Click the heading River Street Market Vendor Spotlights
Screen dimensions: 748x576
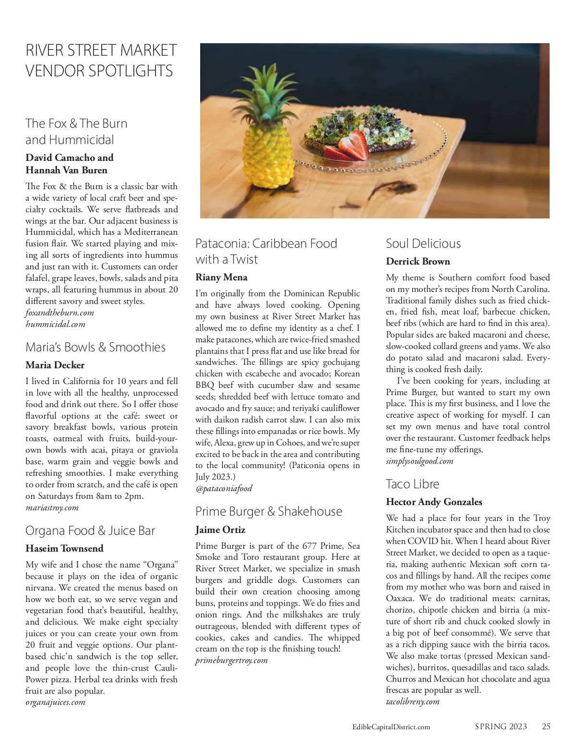[x=101, y=60]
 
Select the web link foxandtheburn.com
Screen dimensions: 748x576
[x=60, y=313]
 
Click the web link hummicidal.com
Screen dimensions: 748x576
[x=55, y=325]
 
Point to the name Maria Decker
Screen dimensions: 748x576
[x=55, y=365]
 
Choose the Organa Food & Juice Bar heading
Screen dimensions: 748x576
[x=90, y=531]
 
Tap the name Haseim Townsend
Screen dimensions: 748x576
[x=64, y=548]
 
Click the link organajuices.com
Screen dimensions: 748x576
[x=55, y=702]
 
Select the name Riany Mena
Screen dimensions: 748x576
[x=221, y=277]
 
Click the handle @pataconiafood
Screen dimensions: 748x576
[x=224, y=489]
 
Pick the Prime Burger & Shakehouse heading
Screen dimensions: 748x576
[x=268, y=511]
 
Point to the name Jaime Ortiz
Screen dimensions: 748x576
[x=220, y=530]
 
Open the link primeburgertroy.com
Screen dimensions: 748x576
[x=231, y=661]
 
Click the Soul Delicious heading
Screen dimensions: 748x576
[x=423, y=243]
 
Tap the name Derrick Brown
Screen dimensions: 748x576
[x=418, y=262]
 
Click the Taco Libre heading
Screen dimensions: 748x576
[x=412, y=484]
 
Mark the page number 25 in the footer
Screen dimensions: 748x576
[x=546, y=726]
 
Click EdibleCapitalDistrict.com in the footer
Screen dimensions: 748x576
[x=391, y=727]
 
